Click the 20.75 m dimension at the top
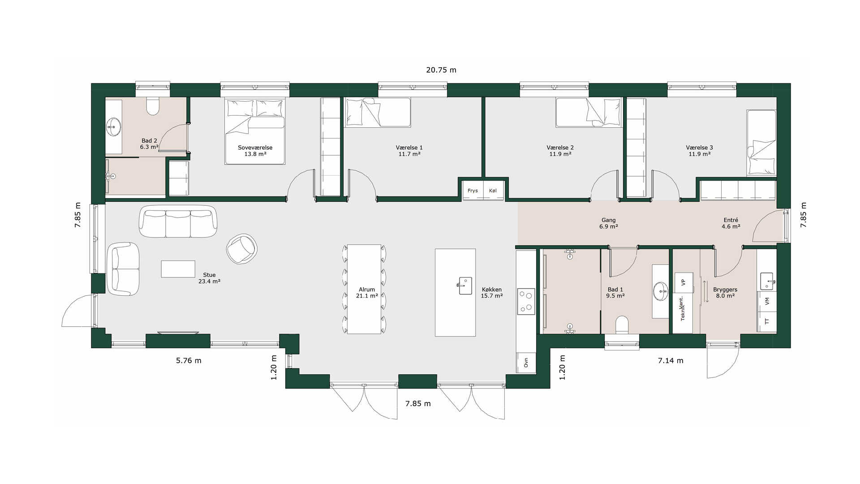(441, 70)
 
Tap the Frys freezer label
(473, 190)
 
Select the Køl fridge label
(493, 190)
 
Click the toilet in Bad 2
(153, 106)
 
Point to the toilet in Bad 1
(622, 325)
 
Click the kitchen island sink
(465, 285)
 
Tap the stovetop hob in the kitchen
(526, 302)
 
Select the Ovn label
(526, 363)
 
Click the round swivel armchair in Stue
(242, 249)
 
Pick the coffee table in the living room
(178, 269)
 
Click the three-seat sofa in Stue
(178, 221)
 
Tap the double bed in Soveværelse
(255, 131)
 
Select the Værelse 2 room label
(560, 147)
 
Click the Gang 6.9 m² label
(609, 223)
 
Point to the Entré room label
(731, 220)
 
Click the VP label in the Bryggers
(683, 282)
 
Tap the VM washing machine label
(767, 301)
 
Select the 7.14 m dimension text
(671, 360)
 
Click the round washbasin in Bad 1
(661, 291)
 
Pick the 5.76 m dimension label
(189, 360)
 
